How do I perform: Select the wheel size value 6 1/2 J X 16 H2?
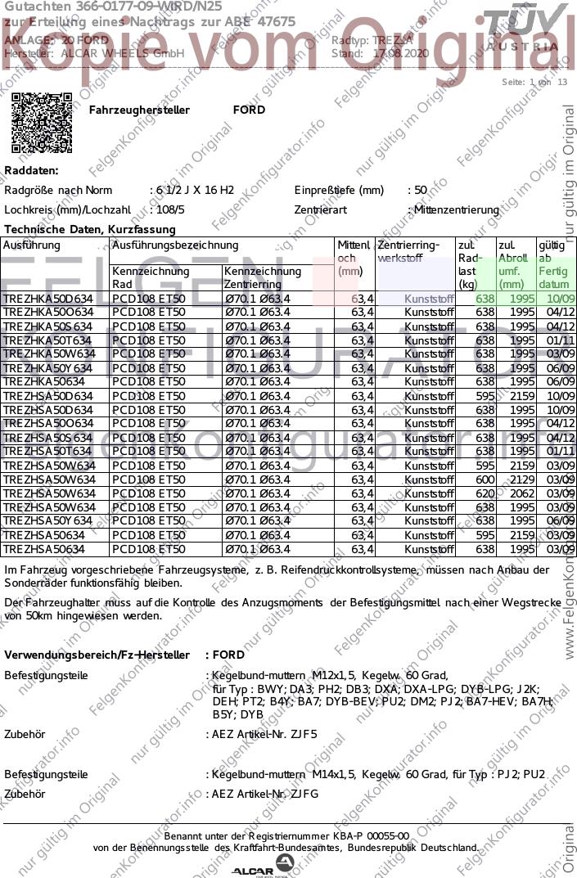pos(194,190)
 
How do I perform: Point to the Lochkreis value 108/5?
pos(174,209)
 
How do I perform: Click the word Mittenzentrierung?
pos(456,209)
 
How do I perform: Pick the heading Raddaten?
pos(31,170)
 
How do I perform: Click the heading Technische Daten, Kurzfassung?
pos(89,230)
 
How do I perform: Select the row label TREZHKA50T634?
pos(48,340)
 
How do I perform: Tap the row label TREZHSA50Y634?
pos(48,521)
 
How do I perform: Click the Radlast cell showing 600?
pos(485,480)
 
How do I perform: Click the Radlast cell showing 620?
pos(485,493)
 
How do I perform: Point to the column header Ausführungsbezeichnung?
pos(175,245)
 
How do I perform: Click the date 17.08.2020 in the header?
pos(400,53)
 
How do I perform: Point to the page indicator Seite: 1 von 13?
pos(534,82)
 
